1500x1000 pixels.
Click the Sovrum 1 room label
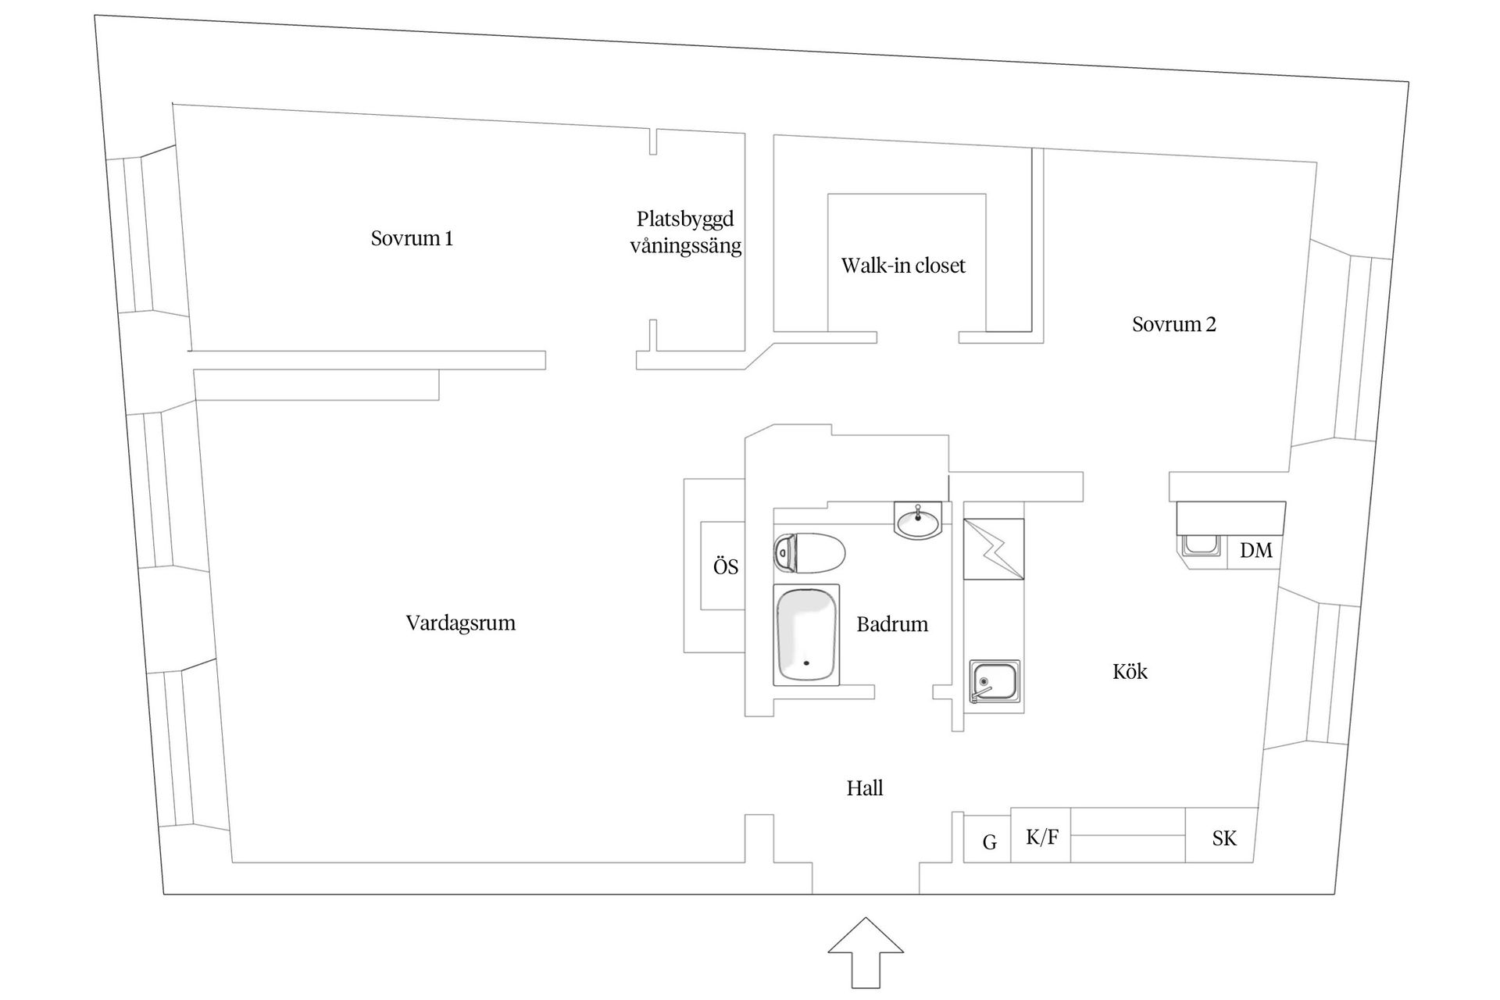(412, 238)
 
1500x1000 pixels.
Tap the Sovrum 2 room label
(1173, 324)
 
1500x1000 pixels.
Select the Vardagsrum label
(460, 623)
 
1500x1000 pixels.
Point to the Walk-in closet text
(902, 266)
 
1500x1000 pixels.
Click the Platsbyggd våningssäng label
(685, 232)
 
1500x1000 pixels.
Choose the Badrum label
(891, 624)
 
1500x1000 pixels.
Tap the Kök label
(1130, 672)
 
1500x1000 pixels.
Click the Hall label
(864, 788)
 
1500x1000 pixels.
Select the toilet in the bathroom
(809, 553)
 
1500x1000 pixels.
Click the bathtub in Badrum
(806, 635)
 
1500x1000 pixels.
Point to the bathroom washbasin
(918, 521)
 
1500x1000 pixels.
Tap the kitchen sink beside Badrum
(995, 681)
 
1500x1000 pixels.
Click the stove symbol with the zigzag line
(993, 549)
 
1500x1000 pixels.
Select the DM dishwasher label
(1255, 551)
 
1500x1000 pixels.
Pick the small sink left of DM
(1200, 545)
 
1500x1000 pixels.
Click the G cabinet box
(988, 841)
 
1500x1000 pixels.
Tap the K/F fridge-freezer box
(1041, 837)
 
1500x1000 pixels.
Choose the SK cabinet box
(1223, 838)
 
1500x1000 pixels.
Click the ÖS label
(725, 566)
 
